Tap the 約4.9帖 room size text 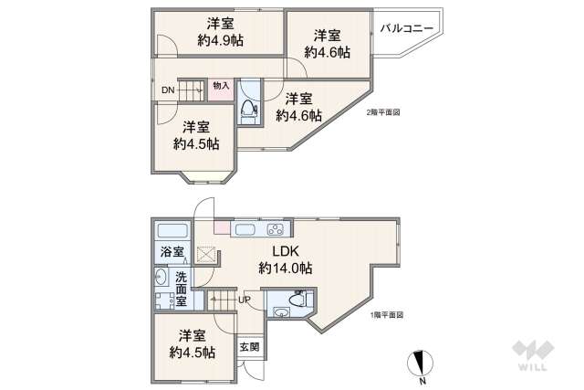[220, 40]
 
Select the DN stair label [168, 90]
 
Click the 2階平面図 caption [382, 113]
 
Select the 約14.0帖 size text [285, 269]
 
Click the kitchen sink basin [246, 229]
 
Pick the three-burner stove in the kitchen [276, 229]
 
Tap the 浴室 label [172, 251]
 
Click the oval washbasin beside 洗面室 [161, 278]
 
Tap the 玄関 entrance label [249, 347]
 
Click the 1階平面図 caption [387, 315]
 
